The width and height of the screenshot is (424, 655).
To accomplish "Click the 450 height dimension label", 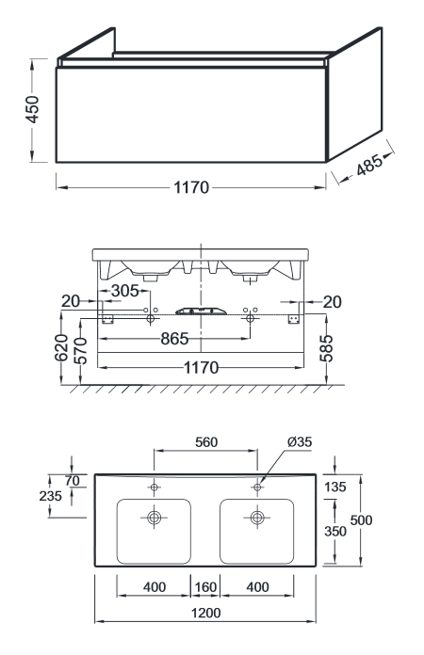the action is (x=32, y=109).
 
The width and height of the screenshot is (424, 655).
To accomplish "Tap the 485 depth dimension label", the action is (x=369, y=165).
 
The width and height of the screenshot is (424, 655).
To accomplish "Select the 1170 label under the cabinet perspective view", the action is (x=191, y=187).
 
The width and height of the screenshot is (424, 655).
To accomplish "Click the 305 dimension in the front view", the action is (x=125, y=291).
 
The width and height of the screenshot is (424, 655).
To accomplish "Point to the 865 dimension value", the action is (x=175, y=339).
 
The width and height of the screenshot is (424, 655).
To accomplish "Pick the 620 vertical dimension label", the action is (x=61, y=347).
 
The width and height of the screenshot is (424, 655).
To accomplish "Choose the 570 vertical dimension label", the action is (x=81, y=351).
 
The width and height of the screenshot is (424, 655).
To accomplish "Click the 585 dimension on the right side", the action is (x=327, y=348).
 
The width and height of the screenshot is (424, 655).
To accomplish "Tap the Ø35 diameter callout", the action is (x=300, y=441).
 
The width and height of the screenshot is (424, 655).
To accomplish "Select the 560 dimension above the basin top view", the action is (x=206, y=442).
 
